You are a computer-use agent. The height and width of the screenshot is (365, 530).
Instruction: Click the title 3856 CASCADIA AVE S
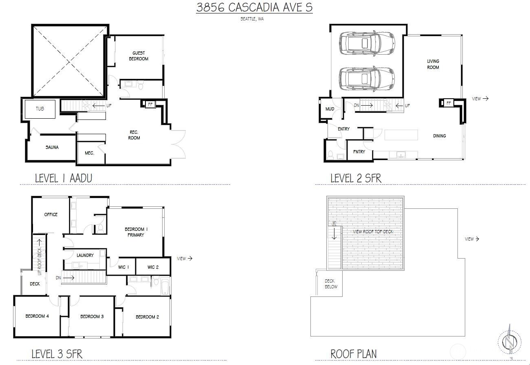point(254,8)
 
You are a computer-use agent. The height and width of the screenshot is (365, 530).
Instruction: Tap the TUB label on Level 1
point(40,109)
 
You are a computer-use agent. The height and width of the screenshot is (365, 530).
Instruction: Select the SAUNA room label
point(52,147)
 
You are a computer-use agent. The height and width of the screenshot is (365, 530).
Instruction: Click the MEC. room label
point(89,153)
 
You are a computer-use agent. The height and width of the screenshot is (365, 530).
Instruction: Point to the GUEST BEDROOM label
point(139,56)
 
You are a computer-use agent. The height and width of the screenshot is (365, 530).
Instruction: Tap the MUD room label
point(330,109)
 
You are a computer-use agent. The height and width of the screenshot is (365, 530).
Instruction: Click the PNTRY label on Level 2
point(359,152)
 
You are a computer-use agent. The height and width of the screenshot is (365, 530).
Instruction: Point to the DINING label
point(439,136)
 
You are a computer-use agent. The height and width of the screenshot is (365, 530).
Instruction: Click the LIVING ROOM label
point(433,64)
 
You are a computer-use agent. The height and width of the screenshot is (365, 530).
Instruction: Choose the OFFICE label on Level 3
point(51,215)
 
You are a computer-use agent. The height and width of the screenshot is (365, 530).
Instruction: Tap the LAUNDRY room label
point(85,255)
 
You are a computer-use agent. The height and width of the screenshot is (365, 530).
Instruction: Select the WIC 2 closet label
point(153,267)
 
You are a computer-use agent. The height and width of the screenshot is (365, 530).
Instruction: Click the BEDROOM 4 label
point(37,316)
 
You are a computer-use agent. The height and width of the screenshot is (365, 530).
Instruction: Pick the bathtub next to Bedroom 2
point(165,286)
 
